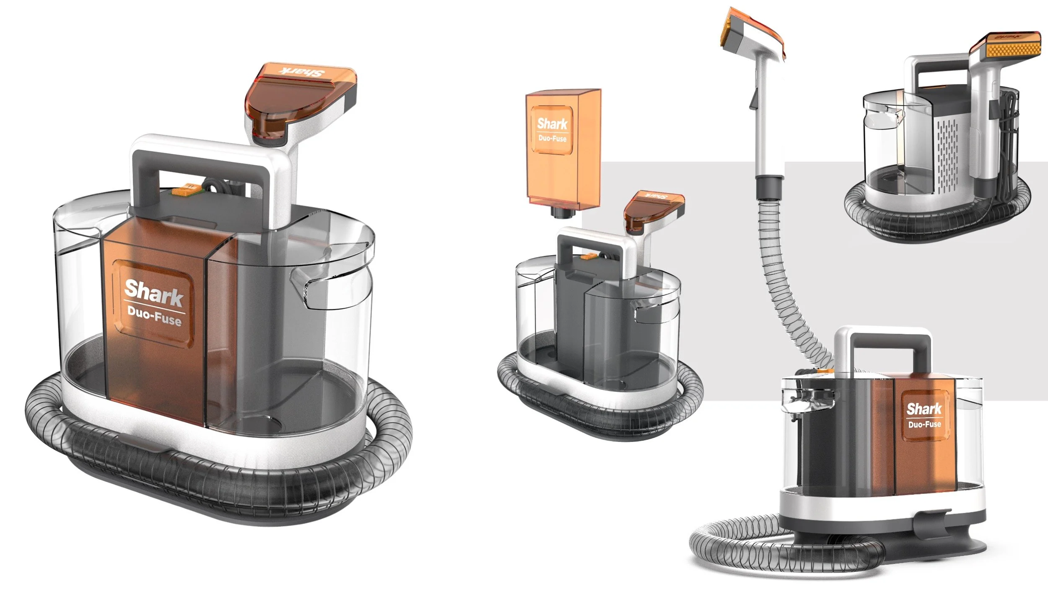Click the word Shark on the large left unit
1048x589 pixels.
click(x=154, y=293)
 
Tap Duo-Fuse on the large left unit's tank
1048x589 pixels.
click(x=154, y=317)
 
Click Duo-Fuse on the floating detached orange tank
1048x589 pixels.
click(x=553, y=138)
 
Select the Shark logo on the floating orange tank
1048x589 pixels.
click(x=552, y=124)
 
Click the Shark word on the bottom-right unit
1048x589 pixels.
click(x=924, y=409)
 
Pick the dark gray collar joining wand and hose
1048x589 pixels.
click(x=769, y=187)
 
